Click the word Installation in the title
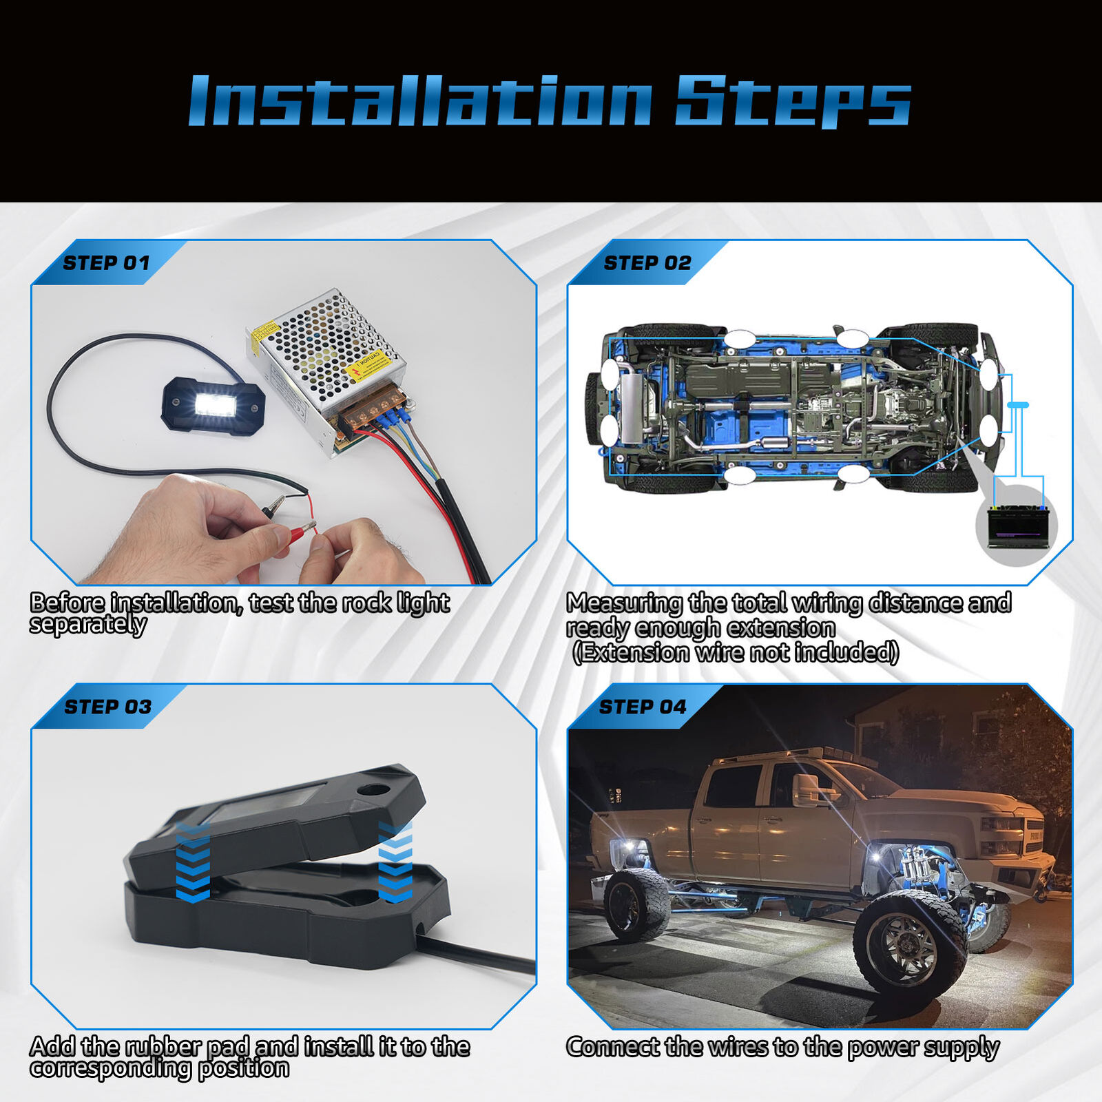pyautogui.click(x=420, y=101)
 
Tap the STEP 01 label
pyautogui.click(x=106, y=263)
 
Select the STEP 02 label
pyautogui.click(x=647, y=263)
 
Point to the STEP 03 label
pyautogui.click(x=107, y=707)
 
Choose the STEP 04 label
pyautogui.click(x=643, y=707)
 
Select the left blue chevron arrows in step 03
pyautogui.click(x=193, y=861)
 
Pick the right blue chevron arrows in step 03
pyautogui.click(x=395, y=861)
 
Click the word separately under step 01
pyautogui.click(x=88, y=625)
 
